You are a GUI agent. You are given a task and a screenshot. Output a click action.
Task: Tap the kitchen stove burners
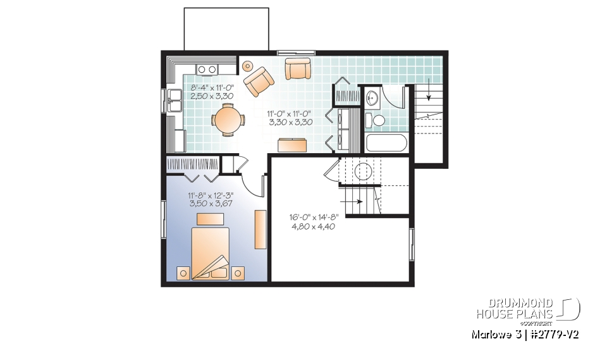pos(207,70)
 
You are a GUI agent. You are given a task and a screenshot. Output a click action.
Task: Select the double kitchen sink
pos(175,99)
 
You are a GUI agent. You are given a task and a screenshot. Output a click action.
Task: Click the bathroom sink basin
pos(372,97)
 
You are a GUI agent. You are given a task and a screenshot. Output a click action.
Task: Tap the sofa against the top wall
pos(297,68)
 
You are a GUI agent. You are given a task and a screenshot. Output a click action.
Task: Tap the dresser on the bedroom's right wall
pos(260,229)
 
